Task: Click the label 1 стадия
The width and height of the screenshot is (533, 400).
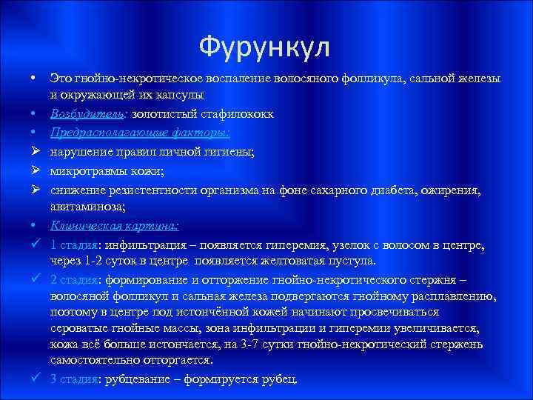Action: pyautogui.click(x=76, y=246)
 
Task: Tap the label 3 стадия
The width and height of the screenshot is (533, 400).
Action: pyautogui.click(x=76, y=379)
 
